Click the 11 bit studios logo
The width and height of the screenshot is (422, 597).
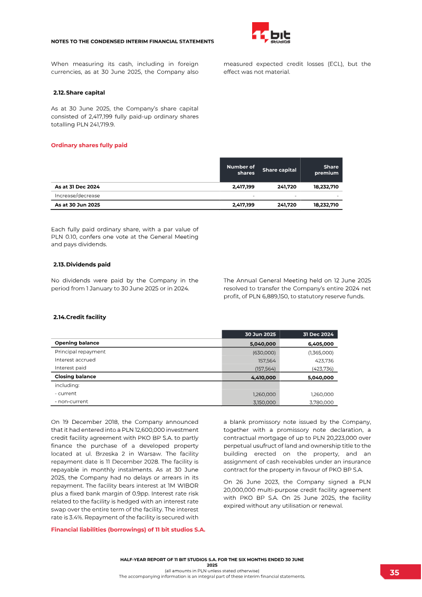point(271,34)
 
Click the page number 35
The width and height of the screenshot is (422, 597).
point(394,573)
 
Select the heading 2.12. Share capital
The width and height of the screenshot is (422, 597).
point(79,93)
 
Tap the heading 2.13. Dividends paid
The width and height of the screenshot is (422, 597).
point(82,264)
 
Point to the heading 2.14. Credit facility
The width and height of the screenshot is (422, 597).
point(80,317)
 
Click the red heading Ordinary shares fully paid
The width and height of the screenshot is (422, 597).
point(89,145)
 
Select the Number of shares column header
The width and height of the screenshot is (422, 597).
point(241,169)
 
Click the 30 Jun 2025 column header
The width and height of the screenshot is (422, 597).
point(260,334)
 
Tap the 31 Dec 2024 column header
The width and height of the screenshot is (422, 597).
point(318,334)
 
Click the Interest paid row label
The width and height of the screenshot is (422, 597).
point(71,368)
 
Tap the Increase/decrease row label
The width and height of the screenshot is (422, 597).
point(77,195)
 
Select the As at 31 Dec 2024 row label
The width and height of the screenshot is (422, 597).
point(77,187)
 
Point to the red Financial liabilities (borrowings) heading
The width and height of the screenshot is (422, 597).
point(128,529)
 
